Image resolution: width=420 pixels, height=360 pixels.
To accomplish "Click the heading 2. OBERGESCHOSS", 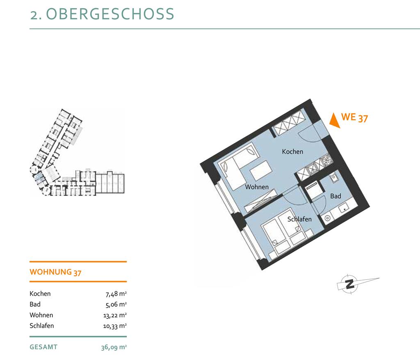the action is [102, 14].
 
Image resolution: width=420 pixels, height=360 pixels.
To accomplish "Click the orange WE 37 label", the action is [354, 117].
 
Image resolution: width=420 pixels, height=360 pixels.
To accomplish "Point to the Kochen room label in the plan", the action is [292, 151].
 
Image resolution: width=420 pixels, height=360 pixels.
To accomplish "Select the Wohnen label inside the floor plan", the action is [257, 187].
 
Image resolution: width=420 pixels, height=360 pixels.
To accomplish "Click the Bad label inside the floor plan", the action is [336, 196].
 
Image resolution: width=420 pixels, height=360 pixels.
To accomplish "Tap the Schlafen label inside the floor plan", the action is [299, 219].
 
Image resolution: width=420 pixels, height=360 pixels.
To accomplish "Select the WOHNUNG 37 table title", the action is [55, 272].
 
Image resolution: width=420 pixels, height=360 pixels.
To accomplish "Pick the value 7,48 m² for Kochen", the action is [116, 294].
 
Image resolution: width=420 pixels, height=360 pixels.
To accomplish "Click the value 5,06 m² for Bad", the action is [116, 305].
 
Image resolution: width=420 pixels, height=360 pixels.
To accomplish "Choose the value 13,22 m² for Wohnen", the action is [115, 316].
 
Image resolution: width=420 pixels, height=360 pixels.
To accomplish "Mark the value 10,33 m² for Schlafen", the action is [115, 326].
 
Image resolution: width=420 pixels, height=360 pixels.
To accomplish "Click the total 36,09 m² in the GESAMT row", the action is [114, 347].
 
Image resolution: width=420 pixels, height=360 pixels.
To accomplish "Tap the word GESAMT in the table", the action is [43, 347].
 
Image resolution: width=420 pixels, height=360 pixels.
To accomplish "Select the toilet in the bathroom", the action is [327, 218].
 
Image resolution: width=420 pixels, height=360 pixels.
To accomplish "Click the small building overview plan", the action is [77, 152].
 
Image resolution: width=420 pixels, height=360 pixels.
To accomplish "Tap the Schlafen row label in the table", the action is [42, 326].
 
